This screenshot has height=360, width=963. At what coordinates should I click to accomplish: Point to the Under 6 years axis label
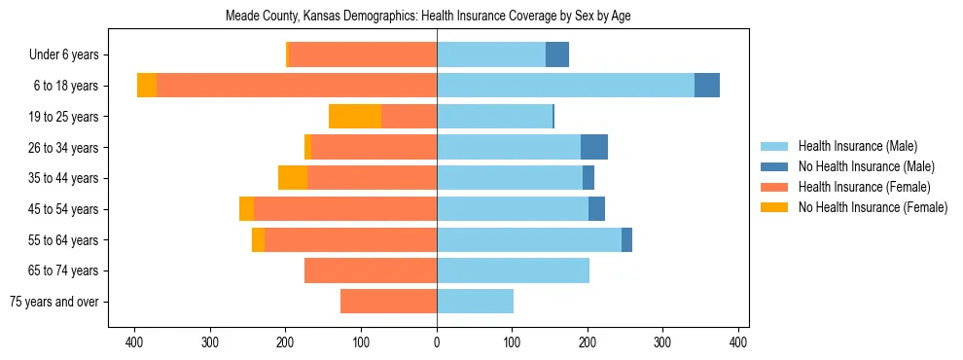63,54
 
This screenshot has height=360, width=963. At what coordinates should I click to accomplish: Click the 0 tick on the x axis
437,342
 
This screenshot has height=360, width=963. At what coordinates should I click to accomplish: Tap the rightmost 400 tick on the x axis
738,342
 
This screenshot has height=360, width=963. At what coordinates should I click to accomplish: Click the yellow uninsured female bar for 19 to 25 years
355,117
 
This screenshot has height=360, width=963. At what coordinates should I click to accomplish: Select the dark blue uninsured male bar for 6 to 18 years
707,86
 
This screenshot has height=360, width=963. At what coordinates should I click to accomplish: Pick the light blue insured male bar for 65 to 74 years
513,270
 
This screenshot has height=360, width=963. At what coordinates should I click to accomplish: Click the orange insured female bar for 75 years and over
388,302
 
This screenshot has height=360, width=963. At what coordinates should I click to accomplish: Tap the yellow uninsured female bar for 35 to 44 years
293,178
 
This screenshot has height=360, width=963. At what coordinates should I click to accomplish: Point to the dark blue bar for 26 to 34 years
594,147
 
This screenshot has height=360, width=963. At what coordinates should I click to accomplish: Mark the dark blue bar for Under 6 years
557,54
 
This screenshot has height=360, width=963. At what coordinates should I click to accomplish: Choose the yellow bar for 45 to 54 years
246,209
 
